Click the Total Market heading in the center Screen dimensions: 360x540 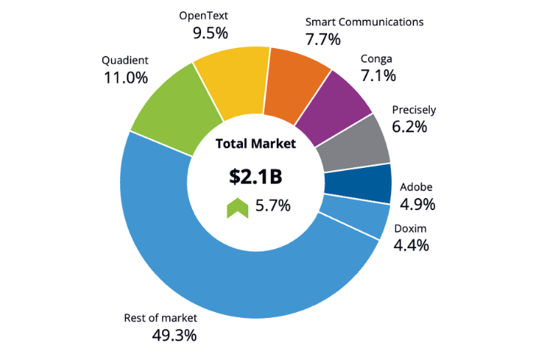click(x=256, y=143)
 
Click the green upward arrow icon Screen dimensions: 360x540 click(x=237, y=207)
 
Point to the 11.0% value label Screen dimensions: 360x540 click(x=124, y=77)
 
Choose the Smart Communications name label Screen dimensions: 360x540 click(x=364, y=22)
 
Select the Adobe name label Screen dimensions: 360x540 click(x=416, y=187)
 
